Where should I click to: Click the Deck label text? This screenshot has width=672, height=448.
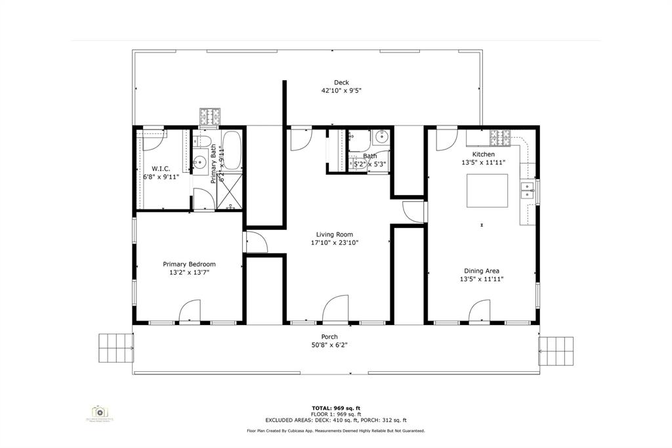[x=341, y=82]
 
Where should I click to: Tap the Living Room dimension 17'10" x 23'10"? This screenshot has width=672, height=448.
[x=335, y=242]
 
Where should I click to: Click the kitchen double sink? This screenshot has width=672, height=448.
[x=527, y=190]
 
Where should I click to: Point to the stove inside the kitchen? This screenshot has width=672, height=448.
[x=501, y=138]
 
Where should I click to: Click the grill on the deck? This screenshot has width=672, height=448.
[x=210, y=117]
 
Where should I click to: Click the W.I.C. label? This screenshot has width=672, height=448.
[x=161, y=169]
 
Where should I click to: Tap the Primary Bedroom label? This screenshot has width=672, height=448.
[x=189, y=264]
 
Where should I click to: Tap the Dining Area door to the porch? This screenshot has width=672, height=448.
[x=480, y=311]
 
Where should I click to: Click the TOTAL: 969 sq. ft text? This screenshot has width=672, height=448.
[x=335, y=408]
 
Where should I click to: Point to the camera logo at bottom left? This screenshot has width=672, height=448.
[x=99, y=412]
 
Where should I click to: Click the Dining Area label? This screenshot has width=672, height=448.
[x=482, y=271]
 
